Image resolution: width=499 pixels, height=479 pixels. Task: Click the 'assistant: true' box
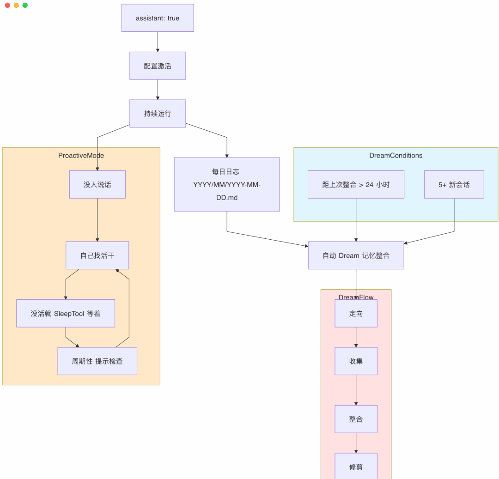(x=158, y=18)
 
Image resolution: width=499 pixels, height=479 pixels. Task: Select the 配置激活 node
(x=158, y=66)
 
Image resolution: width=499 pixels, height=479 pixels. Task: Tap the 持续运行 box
(x=158, y=113)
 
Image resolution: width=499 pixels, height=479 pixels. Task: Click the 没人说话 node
(x=97, y=184)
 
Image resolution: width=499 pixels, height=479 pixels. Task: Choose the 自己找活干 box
(x=97, y=255)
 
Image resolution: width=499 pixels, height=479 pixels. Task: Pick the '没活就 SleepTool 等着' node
(x=66, y=313)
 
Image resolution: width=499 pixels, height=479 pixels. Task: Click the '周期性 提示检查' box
(x=97, y=361)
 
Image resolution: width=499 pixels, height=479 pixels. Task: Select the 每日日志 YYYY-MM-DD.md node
(x=226, y=184)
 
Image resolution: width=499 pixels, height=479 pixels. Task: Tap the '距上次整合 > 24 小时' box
(x=356, y=184)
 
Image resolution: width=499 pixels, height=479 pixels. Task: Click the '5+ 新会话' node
(x=454, y=184)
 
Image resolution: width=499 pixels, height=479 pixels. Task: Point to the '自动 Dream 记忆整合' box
(x=356, y=255)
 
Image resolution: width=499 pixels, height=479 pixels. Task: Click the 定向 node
(x=356, y=313)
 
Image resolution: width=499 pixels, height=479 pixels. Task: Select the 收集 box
(x=356, y=361)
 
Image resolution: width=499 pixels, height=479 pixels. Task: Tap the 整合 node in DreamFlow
(x=356, y=419)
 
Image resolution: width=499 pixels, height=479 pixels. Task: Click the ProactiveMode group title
(x=81, y=155)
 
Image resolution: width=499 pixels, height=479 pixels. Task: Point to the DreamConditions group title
(x=396, y=155)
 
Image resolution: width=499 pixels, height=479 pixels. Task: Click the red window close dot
(x=7, y=5)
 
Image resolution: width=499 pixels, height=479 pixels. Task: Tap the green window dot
(x=25, y=5)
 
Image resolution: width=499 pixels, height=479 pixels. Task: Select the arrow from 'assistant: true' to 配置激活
(x=158, y=42)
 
